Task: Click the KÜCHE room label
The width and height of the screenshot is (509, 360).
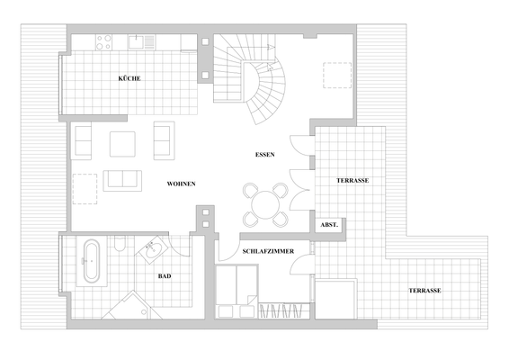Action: (129, 79)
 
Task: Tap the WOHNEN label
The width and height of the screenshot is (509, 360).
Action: (181, 184)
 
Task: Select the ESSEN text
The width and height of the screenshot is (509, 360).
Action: (264, 155)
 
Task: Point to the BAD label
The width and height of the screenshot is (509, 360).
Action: (165, 276)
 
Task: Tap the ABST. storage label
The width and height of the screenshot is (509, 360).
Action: (328, 225)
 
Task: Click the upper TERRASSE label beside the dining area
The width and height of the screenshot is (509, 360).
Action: (353, 180)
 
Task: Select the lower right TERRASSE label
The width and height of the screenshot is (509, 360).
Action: (424, 291)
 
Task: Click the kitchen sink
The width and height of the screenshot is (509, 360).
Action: (141, 40)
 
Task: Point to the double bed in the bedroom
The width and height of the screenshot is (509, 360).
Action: (237, 292)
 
